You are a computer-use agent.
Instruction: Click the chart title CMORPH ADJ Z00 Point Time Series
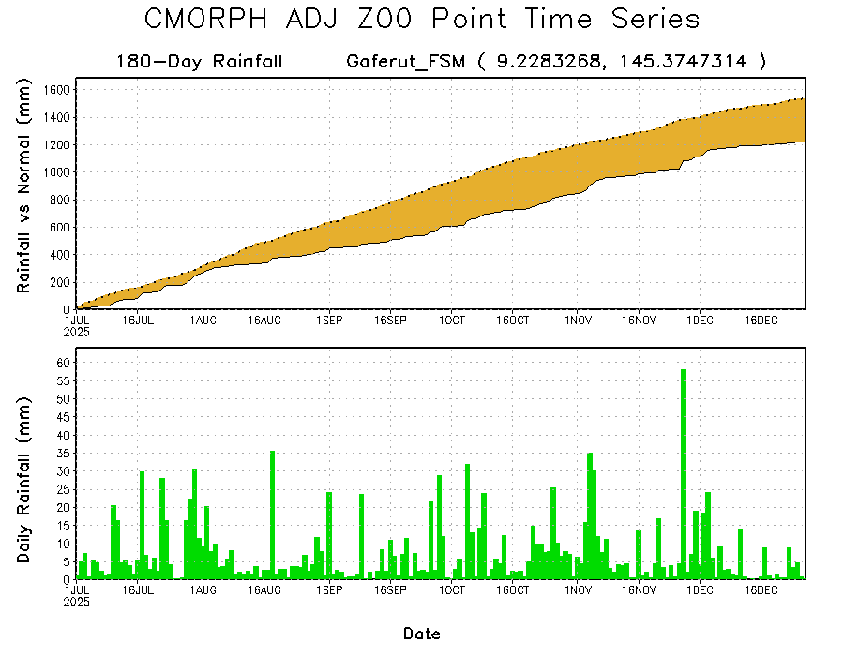(422, 20)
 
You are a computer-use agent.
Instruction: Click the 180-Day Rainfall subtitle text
(200, 62)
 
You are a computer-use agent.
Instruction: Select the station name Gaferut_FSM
(405, 62)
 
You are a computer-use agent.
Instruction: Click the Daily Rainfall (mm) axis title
(25, 480)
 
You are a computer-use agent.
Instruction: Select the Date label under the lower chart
(422, 634)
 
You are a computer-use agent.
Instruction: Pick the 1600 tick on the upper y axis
(57, 90)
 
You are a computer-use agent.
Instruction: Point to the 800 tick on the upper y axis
(61, 200)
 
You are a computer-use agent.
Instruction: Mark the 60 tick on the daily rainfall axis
(64, 363)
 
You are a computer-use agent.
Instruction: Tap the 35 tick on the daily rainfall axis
(64, 454)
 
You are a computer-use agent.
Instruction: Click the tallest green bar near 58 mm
(683, 469)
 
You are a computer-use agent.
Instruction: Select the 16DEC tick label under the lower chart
(761, 590)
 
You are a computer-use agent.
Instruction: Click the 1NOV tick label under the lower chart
(577, 590)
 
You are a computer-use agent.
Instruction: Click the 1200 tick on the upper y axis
(57, 145)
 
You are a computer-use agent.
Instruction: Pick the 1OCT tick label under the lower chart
(452, 590)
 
